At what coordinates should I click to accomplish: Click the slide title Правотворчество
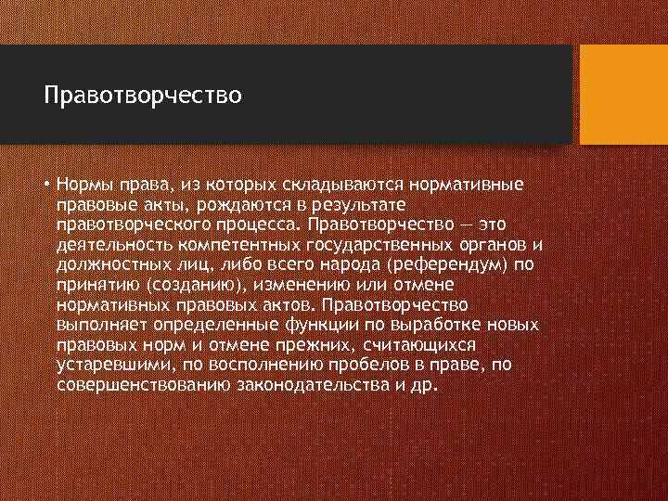click(143, 95)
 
